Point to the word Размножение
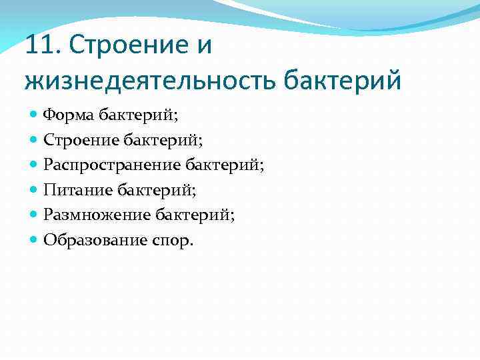(96, 215)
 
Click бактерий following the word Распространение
(224, 165)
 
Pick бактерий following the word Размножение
(195, 215)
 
